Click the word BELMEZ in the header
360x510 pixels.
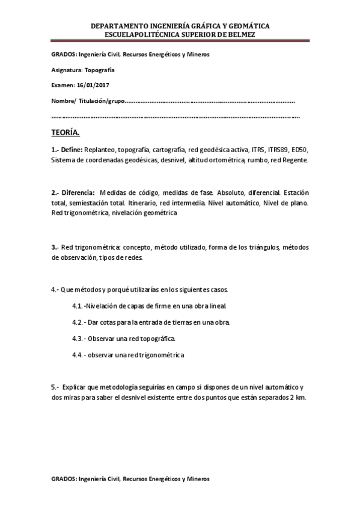pyautogui.click(x=240, y=35)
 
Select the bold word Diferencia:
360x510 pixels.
pyautogui.click(x=76, y=192)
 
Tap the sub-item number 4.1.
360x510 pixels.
pyautogui.click(x=78, y=306)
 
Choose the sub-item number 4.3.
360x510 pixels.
pyautogui.click(x=78, y=339)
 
